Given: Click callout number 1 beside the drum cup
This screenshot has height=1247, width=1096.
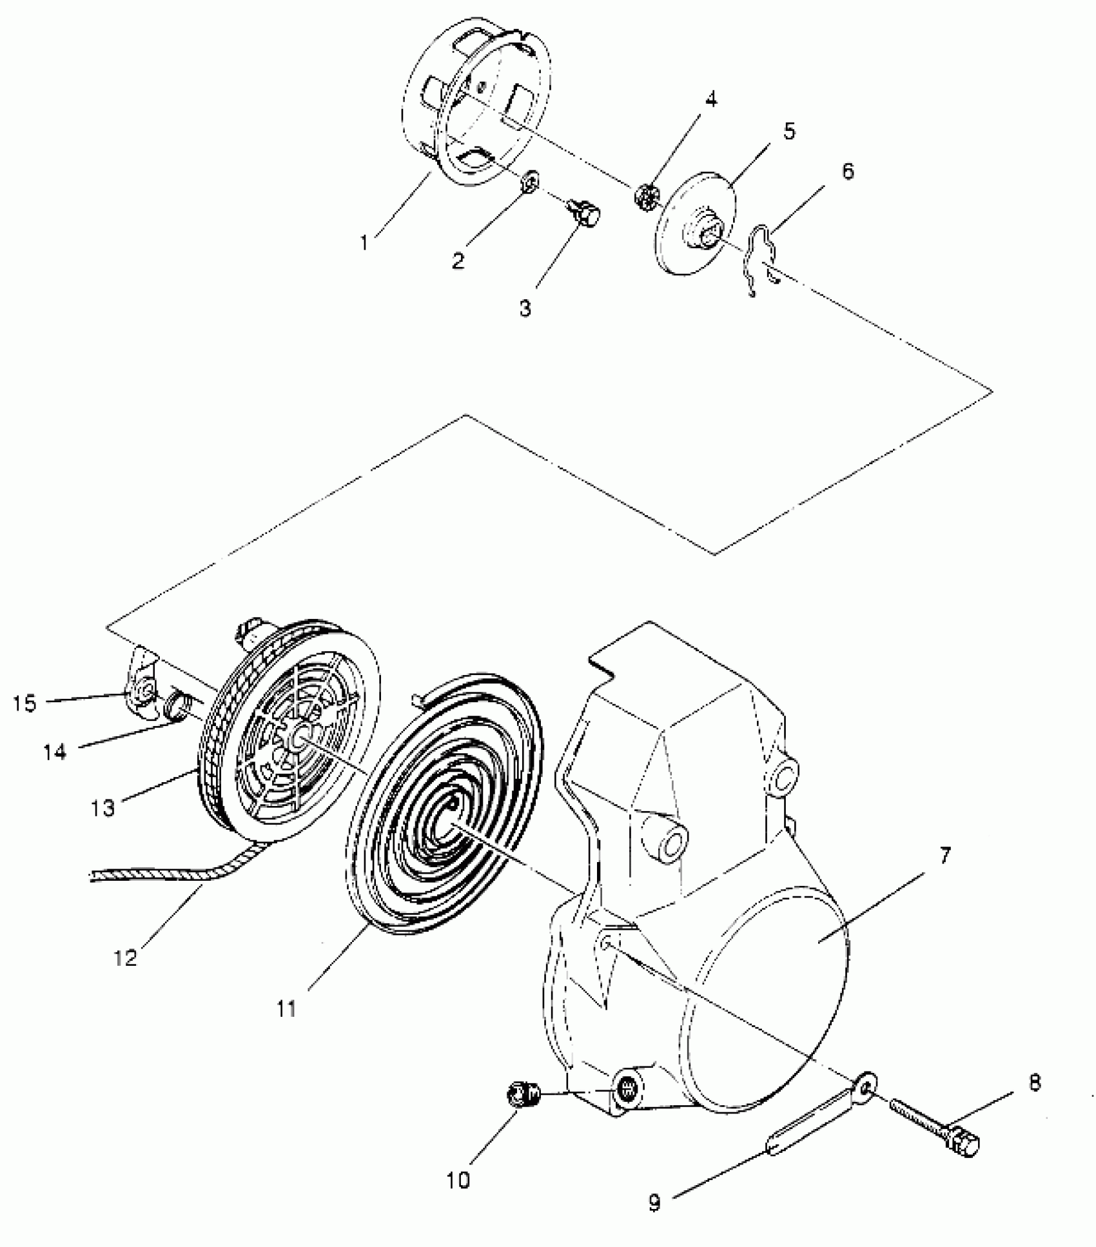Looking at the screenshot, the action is click(x=364, y=242).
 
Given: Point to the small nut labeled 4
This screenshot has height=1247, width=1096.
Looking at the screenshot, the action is click(x=645, y=193).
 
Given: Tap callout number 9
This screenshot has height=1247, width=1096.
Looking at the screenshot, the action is click(x=654, y=1203).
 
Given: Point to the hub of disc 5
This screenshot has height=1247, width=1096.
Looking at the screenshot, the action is click(x=707, y=235).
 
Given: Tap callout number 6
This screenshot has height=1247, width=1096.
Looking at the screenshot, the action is click(x=847, y=172).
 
